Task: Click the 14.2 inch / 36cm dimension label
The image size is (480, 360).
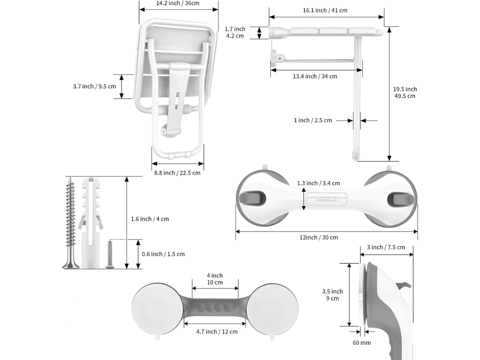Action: click(178, 3)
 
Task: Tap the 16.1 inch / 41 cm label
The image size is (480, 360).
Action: click(326, 10)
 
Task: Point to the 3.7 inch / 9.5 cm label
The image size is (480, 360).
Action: click(94, 86)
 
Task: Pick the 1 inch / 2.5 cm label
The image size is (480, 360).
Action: click(313, 120)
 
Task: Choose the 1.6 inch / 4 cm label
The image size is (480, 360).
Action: click(150, 219)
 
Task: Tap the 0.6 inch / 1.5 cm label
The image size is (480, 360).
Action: click(163, 254)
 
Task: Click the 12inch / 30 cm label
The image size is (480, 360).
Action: click(319, 237)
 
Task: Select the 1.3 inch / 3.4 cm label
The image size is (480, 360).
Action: click(318, 183)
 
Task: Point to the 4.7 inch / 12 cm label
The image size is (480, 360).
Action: click(217, 332)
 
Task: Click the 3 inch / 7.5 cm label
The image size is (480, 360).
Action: click(386, 247)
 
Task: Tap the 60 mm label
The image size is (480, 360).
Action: click(362, 343)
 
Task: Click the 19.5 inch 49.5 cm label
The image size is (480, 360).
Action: click(405, 92)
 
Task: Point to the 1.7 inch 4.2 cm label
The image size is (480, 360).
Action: click(235, 32)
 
